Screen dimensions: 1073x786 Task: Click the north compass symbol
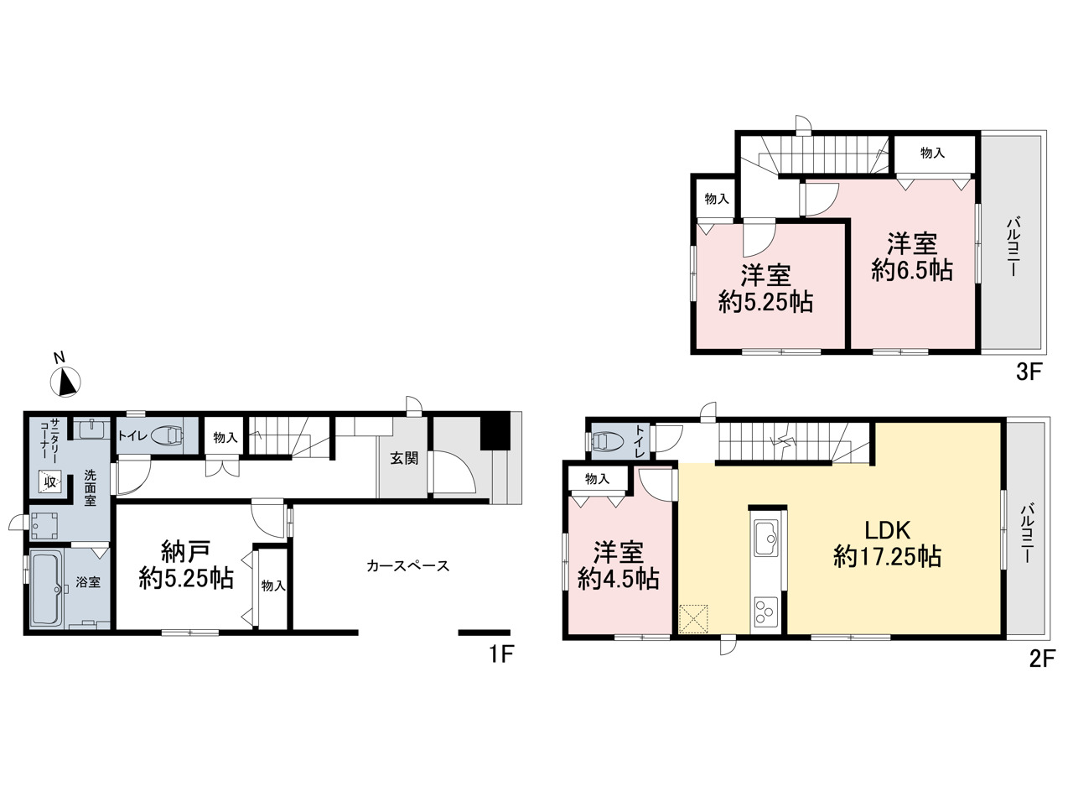click(65, 382)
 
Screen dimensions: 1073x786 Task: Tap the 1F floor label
click(501, 653)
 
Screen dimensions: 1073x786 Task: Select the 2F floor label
click(1042, 659)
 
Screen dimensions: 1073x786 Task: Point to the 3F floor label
click(1029, 372)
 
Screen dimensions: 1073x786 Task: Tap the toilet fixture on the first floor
click(167, 435)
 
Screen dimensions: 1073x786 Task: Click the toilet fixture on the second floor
click(606, 441)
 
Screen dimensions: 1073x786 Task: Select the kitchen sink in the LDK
click(766, 538)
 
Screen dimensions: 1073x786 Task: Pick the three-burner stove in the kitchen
click(766, 612)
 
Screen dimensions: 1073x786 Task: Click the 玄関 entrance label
click(404, 458)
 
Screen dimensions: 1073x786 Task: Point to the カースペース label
click(408, 566)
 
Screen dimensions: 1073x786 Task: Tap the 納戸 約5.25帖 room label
click(186, 565)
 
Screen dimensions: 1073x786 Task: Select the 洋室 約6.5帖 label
click(912, 257)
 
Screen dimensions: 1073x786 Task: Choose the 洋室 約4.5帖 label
click(619, 565)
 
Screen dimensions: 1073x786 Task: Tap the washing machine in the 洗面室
click(44, 526)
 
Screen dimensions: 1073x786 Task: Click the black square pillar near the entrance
click(495, 431)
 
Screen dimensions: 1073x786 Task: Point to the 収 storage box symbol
click(50, 481)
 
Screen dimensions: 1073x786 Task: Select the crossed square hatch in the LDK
click(693, 619)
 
